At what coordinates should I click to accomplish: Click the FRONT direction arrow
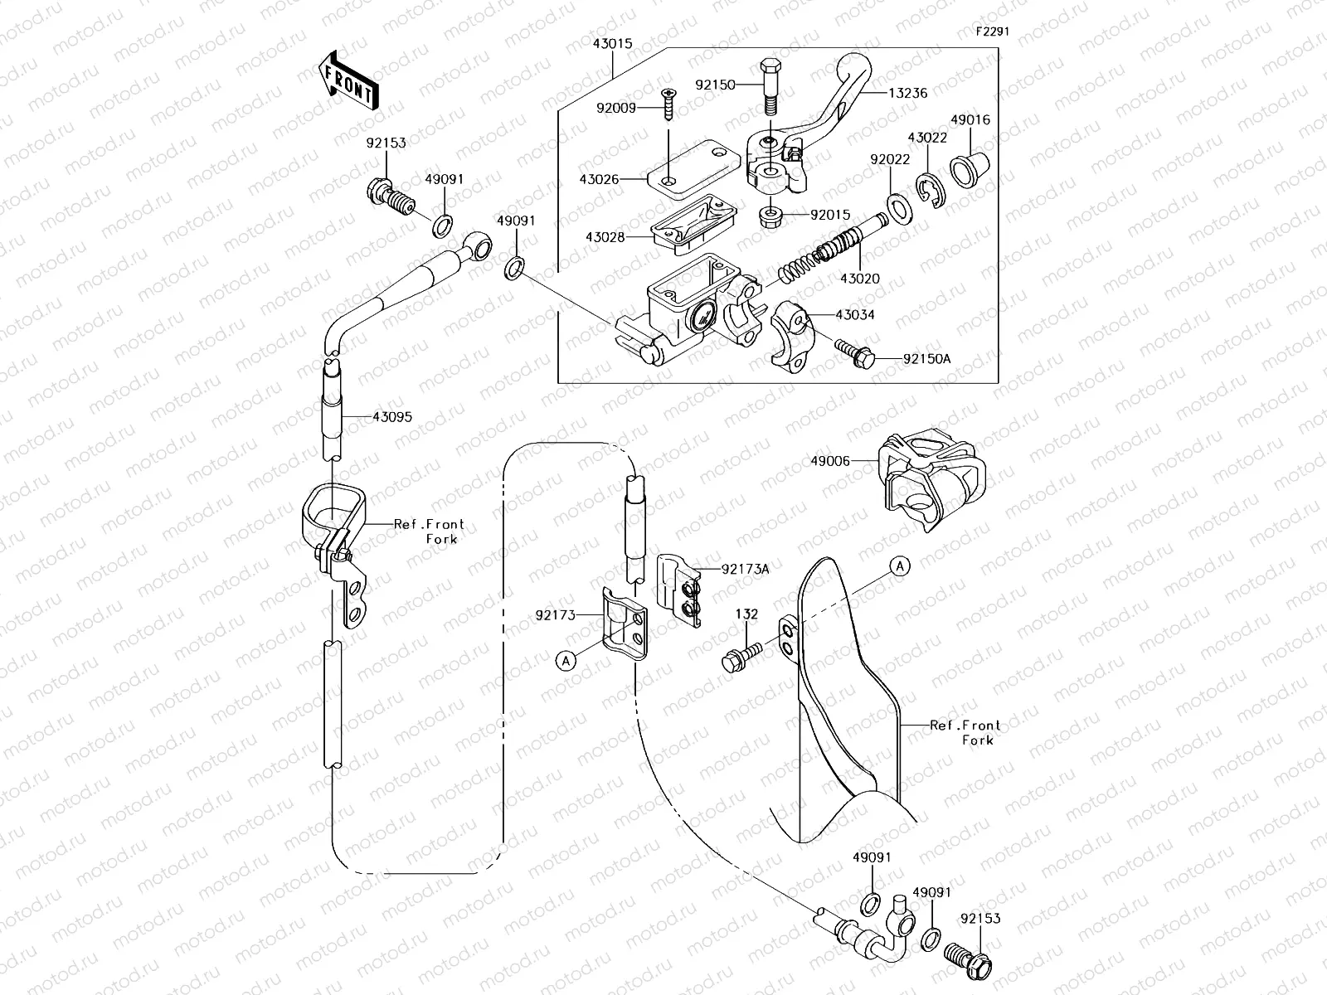pyautogui.click(x=348, y=80)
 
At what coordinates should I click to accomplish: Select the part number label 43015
pyautogui.click(x=611, y=41)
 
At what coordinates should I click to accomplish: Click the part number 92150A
pyautogui.click(x=926, y=359)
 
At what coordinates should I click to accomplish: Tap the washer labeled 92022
pyautogui.click(x=897, y=202)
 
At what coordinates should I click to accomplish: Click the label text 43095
pyautogui.click(x=392, y=417)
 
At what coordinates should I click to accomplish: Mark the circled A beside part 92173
pyautogui.click(x=566, y=660)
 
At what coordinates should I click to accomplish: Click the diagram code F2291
pyautogui.click(x=992, y=32)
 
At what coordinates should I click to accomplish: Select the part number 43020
pyautogui.click(x=860, y=279)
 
